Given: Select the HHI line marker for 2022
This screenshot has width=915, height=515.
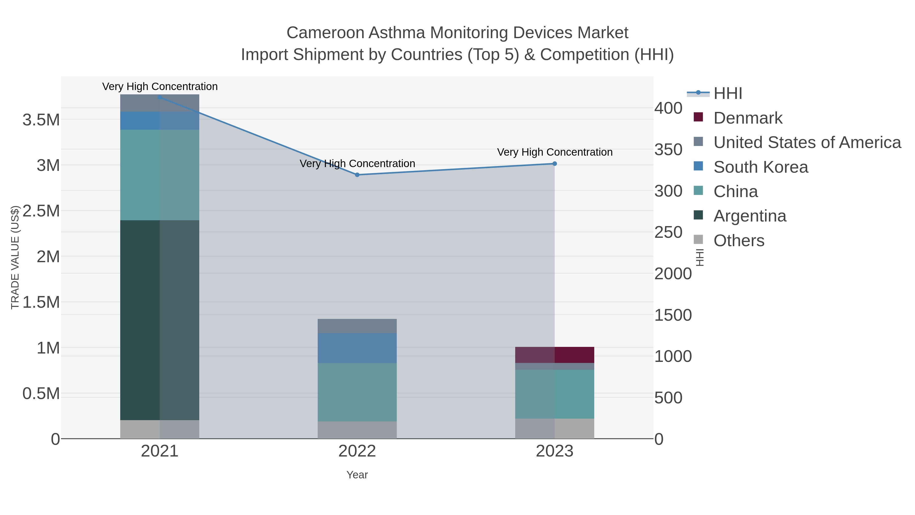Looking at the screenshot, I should click(357, 175).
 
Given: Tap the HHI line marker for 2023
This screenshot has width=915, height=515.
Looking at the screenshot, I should click(555, 164).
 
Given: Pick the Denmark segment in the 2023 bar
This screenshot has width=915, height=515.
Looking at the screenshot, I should click(555, 355).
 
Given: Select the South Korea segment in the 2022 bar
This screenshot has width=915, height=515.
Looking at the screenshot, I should click(357, 348).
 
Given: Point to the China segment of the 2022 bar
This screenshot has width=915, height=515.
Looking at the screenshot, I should click(357, 392).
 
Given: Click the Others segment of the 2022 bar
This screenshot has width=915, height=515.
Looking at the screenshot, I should click(357, 430).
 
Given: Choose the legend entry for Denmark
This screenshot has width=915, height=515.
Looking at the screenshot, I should click(748, 118).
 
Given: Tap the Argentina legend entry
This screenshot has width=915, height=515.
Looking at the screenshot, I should click(750, 216).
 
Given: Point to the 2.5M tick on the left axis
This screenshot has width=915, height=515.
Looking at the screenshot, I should click(41, 211).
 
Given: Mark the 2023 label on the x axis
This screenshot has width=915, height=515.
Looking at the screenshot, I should click(555, 451).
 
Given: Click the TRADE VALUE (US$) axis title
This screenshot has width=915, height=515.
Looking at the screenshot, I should click(15, 257).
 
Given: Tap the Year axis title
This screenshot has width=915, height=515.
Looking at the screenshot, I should click(357, 475).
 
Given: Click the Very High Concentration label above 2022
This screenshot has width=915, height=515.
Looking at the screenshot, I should click(357, 164).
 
